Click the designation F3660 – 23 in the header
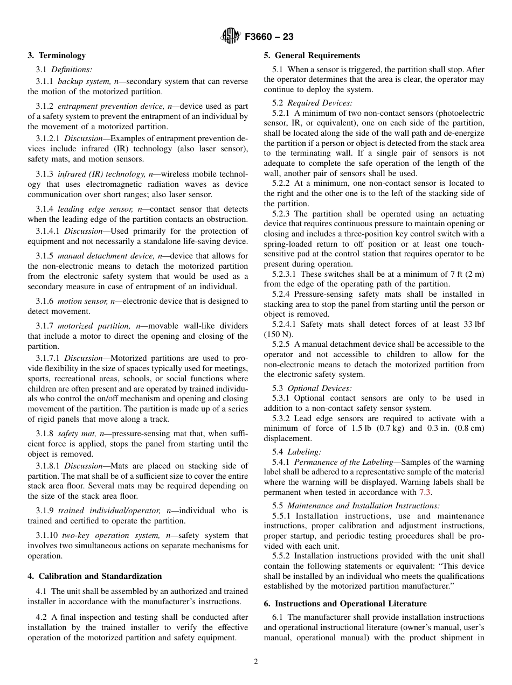pyautogui.click(x=269, y=37)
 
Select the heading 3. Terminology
pyautogui.click(x=57, y=55)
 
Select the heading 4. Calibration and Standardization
pyautogui.click(x=94, y=576)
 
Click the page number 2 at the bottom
pyautogui.click(x=256, y=662)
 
